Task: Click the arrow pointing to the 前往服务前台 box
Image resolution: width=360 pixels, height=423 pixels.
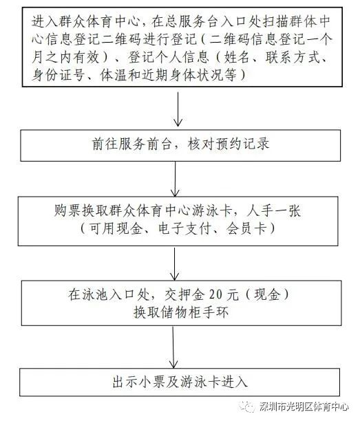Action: (178, 109)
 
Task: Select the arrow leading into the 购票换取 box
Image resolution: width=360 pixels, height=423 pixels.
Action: (175, 179)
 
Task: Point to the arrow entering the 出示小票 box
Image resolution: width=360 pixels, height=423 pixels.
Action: (173, 347)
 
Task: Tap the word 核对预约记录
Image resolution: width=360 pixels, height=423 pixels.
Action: (229, 144)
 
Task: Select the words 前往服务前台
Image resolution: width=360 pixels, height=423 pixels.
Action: (131, 144)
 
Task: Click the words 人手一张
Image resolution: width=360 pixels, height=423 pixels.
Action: (273, 210)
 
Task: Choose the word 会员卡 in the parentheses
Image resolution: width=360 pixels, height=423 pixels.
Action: (246, 229)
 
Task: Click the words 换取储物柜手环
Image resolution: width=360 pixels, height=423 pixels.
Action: (180, 312)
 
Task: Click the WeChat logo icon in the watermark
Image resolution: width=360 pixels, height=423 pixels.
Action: (247, 406)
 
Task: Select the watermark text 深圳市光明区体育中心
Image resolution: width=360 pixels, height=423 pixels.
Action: (304, 406)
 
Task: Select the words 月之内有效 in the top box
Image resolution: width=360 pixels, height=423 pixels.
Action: (65, 58)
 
